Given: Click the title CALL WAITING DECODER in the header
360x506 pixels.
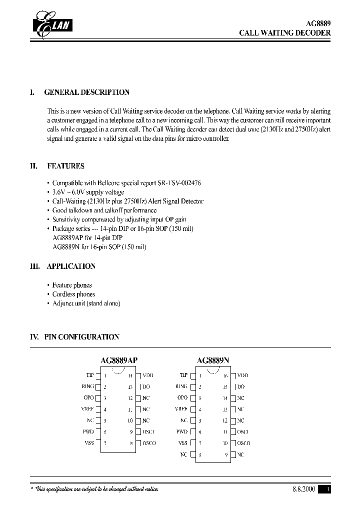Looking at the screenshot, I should [284, 33].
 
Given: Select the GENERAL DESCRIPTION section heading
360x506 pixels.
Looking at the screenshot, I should [86, 92].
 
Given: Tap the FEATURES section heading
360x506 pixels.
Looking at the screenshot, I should [65, 166].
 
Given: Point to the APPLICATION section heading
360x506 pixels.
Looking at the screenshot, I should [70, 266].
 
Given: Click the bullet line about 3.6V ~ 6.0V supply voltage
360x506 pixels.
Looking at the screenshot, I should [88, 192].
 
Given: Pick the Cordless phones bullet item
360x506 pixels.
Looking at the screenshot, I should [73, 294].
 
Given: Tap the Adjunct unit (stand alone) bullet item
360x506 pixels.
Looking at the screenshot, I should [86, 303].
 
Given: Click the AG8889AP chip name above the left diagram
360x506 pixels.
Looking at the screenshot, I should [119, 360].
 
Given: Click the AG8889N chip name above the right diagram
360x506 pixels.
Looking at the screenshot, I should [213, 360].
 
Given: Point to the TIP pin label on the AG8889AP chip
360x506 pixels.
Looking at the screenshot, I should [90, 375].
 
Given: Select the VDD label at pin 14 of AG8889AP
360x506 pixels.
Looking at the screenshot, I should [148, 375].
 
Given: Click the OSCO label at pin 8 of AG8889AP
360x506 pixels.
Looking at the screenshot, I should [149, 443].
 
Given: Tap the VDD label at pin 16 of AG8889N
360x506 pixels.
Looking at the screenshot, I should [242, 375].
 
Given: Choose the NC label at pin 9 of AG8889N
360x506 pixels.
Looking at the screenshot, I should [240, 454].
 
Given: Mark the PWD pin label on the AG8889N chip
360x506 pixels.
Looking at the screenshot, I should [182, 431].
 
